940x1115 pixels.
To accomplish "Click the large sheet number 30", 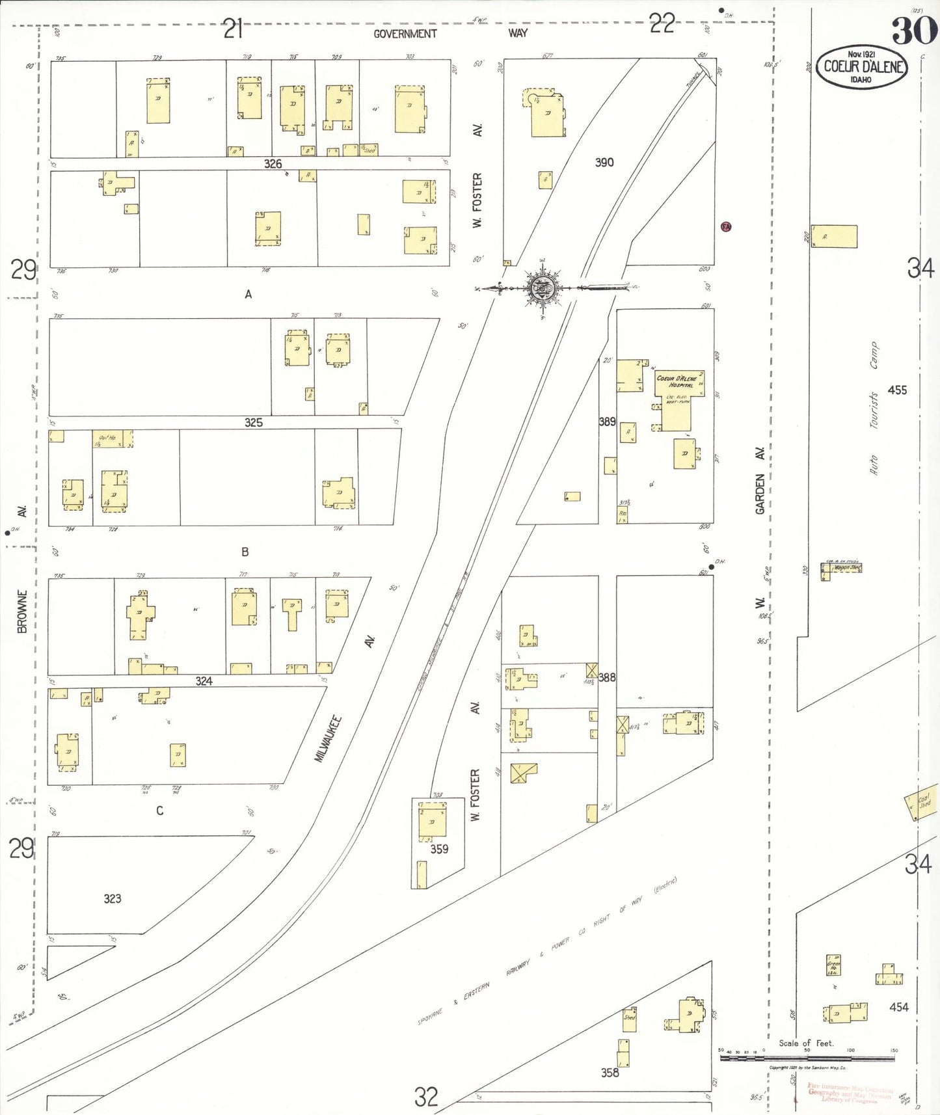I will pyautogui.click(x=915, y=31).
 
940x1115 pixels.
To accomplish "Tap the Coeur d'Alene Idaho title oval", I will pyautogui.click(x=863, y=66).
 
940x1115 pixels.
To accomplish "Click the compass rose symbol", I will pyautogui.click(x=542, y=288).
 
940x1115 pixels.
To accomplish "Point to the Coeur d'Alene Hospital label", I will pyautogui.click(x=677, y=381).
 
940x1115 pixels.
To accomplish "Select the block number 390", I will pyautogui.click(x=604, y=163).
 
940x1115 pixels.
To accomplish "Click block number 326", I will pyautogui.click(x=273, y=164).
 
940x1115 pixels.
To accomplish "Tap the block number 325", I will pyautogui.click(x=254, y=423).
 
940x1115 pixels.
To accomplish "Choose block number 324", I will pyautogui.click(x=204, y=681).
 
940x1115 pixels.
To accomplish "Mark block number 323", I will pyautogui.click(x=113, y=898).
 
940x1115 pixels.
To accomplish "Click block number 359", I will pyautogui.click(x=439, y=849).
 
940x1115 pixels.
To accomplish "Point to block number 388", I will pyautogui.click(x=607, y=677).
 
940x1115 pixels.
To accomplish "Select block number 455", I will pyautogui.click(x=897, y=390).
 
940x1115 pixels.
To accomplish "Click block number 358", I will pyautogui.click(x=610, y=1073).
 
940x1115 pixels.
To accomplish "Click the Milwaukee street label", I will pyautogui.click(x=328, y=738).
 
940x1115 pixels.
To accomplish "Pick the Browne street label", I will pyautogui.click(x=23, y=611).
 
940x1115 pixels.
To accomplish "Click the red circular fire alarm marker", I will pyautogui.click(x=726, y=227).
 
